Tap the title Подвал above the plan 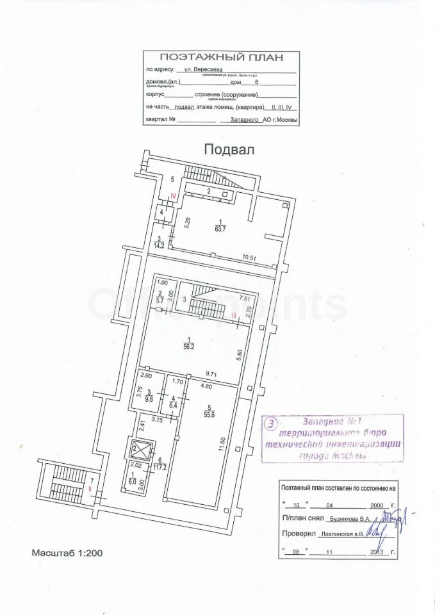click(x=229, y=149)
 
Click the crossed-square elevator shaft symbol click(x=138, y=448)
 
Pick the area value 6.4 click(x=173, y=404)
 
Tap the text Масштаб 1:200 click(x=66, y=552)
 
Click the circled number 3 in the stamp click(x=272, y=423)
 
